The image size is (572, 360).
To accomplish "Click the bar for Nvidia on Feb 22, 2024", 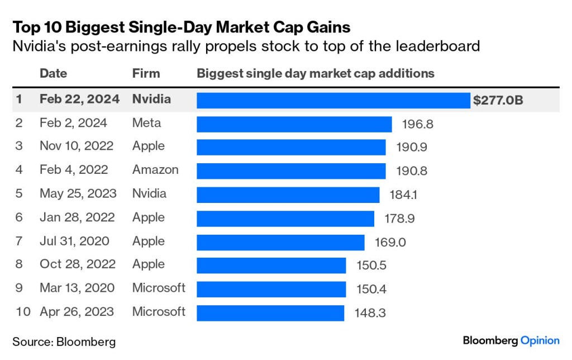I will point(333,100).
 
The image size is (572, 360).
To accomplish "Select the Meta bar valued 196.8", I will point(294,124).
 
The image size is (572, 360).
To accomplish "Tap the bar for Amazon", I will point(291,171).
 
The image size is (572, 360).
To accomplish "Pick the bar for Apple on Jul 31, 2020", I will point(280,242).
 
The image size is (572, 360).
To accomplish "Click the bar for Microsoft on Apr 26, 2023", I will point(270,312).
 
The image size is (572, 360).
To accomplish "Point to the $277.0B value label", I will point(498,101).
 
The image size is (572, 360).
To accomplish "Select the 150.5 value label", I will point(371,266).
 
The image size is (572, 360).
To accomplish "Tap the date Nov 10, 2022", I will point(77,146).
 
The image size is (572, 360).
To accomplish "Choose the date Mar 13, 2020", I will point(77,288).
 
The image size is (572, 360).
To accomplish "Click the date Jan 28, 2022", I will point(77,217).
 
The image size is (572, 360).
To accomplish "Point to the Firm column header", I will point(146,73).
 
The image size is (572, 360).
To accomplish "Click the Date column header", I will point(53,73).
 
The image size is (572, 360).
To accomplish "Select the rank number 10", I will point(23,312).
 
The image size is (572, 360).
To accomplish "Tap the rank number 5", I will point(19,194).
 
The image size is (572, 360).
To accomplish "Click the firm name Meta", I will point(146,123).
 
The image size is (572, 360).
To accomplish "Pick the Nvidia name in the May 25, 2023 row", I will point(149,194).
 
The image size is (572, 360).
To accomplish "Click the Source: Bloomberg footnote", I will point(64,341).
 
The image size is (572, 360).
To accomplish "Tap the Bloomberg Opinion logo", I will point(511,340).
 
